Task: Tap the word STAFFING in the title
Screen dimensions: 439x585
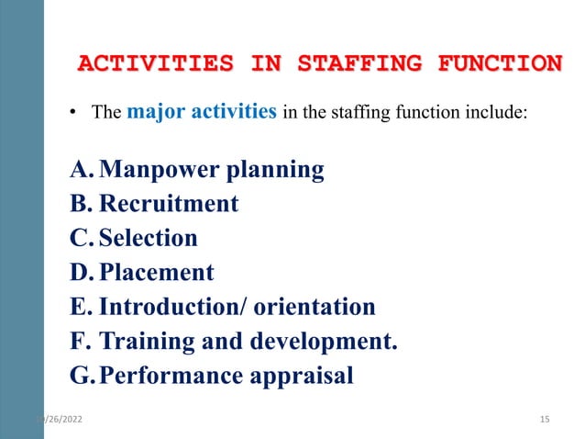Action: point(353,63)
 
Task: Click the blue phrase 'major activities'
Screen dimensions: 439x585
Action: point(202,113)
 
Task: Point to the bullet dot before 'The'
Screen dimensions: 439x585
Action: point(74,116)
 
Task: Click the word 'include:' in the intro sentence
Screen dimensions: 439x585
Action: point(495,115)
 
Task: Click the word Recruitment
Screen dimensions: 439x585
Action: point(169,203)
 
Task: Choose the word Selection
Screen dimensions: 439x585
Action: point(149,238)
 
